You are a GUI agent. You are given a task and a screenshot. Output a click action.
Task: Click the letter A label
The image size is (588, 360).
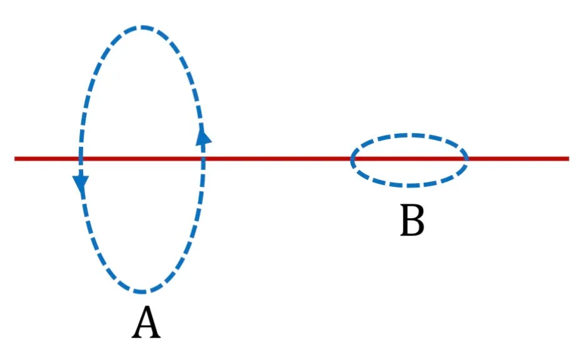pyautogui.click(x=146, y=322)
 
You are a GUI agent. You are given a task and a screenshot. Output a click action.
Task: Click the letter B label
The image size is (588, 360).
pyautogui.click(x=412, y=220)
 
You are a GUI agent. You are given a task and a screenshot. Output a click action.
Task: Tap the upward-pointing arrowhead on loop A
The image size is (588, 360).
pyautogui.click(x=204, y=136)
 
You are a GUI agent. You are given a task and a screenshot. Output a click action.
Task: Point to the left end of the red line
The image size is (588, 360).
pyautogui.click(x=15, y=159)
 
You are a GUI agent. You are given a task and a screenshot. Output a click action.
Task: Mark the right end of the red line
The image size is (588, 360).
pyautogui.click(x=569, y=159)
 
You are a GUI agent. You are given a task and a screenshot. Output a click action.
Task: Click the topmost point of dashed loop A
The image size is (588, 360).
pyautogui.click(x=142, y=27)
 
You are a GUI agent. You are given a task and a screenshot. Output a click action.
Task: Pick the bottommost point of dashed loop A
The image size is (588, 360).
pyautogui.click(x=142, y=291)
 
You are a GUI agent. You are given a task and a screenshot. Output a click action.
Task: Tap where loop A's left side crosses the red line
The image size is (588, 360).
pyautogui.click(x=80, y=159)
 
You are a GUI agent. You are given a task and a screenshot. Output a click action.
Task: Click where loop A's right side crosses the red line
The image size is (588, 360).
pyautogui.click(x=203, y=159)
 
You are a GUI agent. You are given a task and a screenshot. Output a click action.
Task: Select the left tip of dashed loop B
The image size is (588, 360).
pyautogui.click(x=352, y=159)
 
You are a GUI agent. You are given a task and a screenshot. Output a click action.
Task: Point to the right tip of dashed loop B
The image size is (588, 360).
pyautogui.click(x=466, y=159)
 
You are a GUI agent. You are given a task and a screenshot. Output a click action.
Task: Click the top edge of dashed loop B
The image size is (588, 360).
pyautogui.click(x=409, y=134)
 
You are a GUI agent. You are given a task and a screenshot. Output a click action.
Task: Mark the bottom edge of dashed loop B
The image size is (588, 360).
pyautogui.click(x=409, y=185)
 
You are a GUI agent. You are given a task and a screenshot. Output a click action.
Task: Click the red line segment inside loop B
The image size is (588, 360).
pyautogui.click(x=409, y=159)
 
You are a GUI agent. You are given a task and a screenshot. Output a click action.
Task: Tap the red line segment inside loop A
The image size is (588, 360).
pyautogui.click(x=142, y=159)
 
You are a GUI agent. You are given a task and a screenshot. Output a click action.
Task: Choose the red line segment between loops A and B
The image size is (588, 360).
pyautogui.click(x=277, y=159)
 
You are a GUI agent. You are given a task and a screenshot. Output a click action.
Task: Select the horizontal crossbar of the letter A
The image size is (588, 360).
pyautogui.click(x=146, y=327)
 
